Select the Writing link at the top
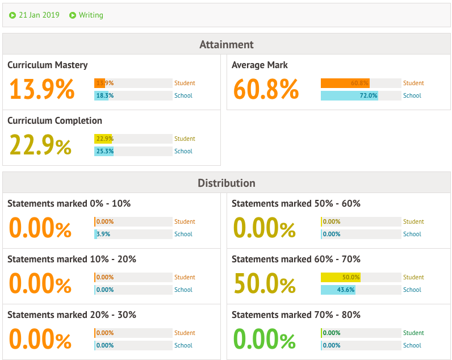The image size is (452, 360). coord(90,15)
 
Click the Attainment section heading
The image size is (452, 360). coord(226,44)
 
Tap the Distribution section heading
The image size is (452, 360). coord(226,183)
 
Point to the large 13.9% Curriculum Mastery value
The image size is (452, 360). coord(41,90)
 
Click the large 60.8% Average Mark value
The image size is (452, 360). coord(266,90)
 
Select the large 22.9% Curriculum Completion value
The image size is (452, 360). coord(40,145)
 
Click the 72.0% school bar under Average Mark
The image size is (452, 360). coord(349,95)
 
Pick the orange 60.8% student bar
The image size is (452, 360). coord(345,83)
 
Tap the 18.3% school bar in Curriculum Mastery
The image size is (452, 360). coord(104,95)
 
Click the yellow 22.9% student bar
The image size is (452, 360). coord(103,139)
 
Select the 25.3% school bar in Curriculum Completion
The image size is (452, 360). coord(104,151)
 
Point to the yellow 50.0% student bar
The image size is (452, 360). coord(341,277)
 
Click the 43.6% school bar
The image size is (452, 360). coord(338,290)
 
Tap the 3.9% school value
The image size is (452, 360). coord(103,234)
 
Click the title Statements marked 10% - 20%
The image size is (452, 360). coord(72,259)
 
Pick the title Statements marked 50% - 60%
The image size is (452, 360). coord(296,203)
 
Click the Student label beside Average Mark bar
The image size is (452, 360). coord(413,83)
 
